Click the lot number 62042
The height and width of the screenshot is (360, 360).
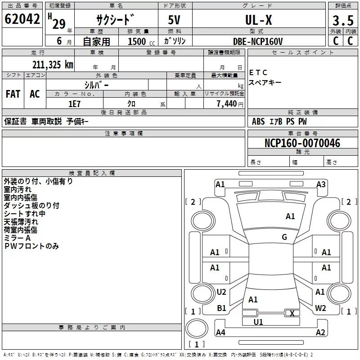(22, 19)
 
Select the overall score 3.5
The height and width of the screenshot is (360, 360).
(343, 20)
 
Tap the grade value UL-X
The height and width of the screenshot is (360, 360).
(258, 20)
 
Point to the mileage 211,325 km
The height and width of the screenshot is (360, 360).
(53, 65)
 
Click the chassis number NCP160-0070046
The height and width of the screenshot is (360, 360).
(302, 143)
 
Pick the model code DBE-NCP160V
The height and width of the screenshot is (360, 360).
(257, 41)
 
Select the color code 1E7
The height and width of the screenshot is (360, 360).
(74, 104)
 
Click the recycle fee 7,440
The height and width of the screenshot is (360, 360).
(227, 104)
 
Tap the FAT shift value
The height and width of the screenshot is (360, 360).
(13, 94)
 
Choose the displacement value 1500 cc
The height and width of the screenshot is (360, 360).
(141, 41)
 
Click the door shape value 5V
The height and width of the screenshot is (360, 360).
(174, 20)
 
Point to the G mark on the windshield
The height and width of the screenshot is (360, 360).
(284, 237)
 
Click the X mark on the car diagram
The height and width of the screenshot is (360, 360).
(292, 313)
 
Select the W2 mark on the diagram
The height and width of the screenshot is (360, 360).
(320, 308)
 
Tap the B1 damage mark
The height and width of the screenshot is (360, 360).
(221, 308)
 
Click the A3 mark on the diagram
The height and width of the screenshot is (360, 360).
(321, 184)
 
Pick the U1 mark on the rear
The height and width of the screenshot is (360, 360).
(258, 322)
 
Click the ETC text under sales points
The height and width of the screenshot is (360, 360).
(258, 72)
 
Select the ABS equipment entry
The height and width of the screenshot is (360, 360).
(258, 121)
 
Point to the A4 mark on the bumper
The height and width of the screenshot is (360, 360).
(220, 332)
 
